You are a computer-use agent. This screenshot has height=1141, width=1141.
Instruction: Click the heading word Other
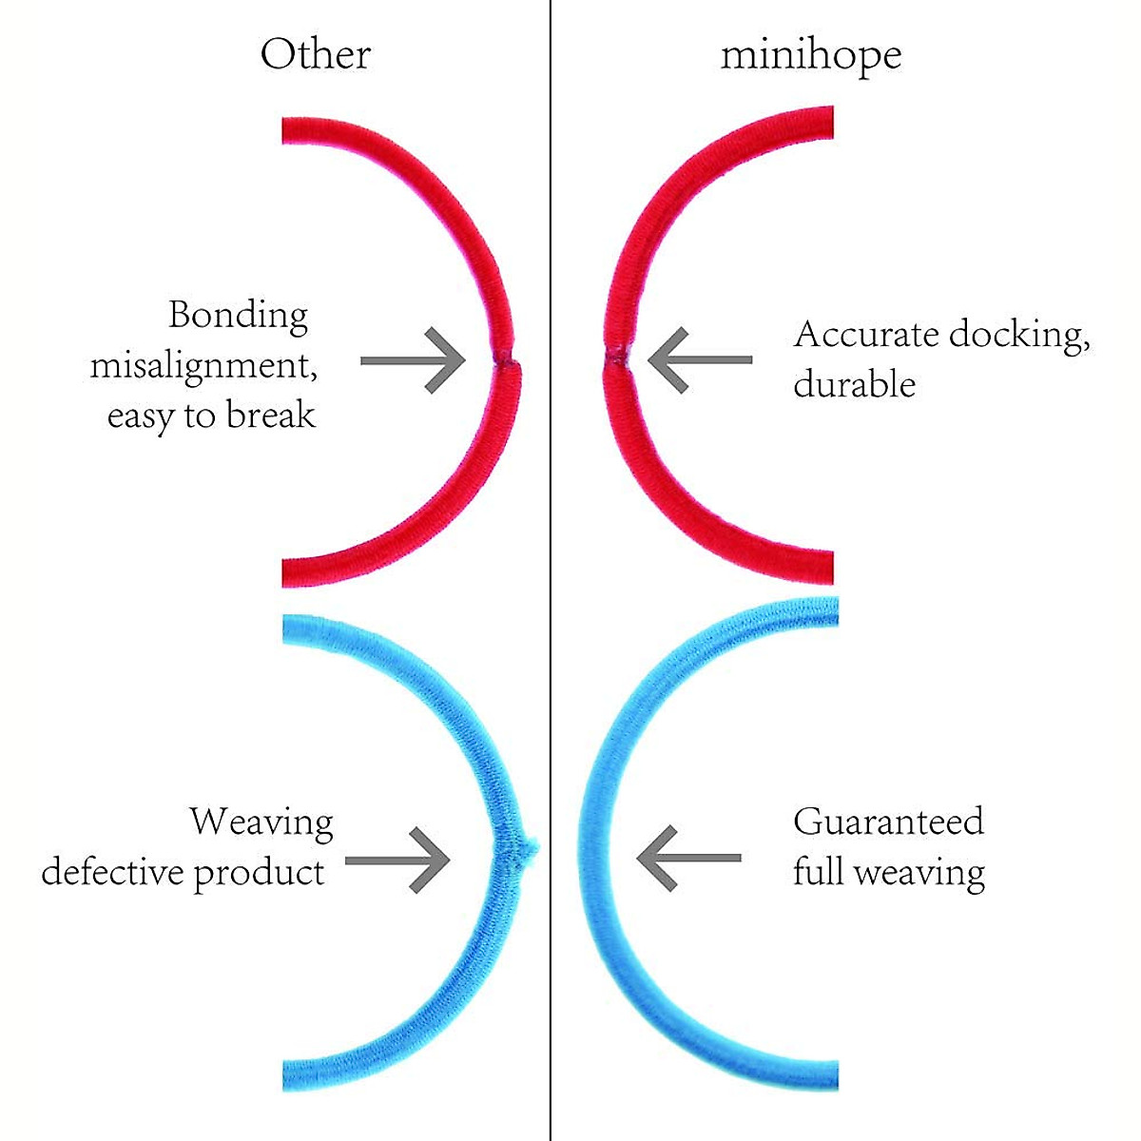pyautogui.click(x=315, y=55)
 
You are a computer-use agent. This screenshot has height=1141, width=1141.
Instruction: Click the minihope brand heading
pyautogui.click(x=811, y=55)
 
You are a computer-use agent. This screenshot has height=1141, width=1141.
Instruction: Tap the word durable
pyautogui.click(x=854, y=385)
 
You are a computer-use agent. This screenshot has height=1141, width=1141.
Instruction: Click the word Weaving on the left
pyautogui.click(x=261, y=822)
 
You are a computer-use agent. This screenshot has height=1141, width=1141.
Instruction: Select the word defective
pyautogui.click(x=111, y=872)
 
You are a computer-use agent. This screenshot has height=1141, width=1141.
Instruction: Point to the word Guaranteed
pyautogui.click(x=888, y=822)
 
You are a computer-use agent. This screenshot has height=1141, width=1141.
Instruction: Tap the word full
pyautogui.click(x=818, y=872)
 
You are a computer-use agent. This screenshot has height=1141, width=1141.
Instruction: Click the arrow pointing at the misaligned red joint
pyautogui.click(x=413, y=360)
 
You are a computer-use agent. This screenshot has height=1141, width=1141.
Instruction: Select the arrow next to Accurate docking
pyautogui.click(x=699, y=360)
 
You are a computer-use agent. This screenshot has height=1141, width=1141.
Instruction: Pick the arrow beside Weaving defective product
pyautogui.click(x=397, y=861)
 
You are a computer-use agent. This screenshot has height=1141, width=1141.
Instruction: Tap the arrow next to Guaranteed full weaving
pyautogui.click(x=688, y=858)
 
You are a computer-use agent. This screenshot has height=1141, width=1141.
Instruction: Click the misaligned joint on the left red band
pyautogui.click(x=505, y=359)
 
